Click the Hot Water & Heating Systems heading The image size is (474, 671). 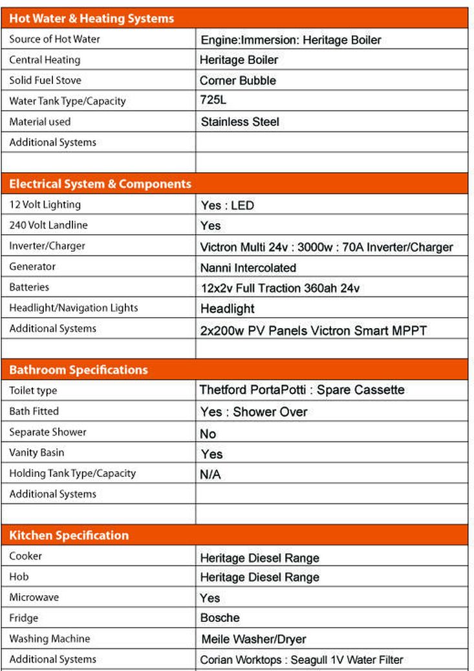pyautogui.click(x=91, y=19)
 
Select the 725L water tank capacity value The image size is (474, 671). pyautogui.click(x=213, y=100)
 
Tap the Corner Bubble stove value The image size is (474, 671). pyautogui.click(x=238, y=81)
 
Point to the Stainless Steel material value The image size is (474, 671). pyautogui.click(x=240, y=122)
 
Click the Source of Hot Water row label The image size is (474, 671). pyautogui.click(x=54, y=39)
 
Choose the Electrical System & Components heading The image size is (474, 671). pyautogui.click(x=100, y=184)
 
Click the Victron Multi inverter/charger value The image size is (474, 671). pyautogui.click(x=327, y=247)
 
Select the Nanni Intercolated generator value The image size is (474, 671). pyautogui.click(x=248, y=267)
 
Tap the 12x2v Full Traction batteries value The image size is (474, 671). pyautogui.click(x=280, y=288)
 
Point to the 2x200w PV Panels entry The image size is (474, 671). pyautogui.click(x=314, y=330)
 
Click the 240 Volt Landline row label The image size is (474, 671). pyautogui.click(x=48, y=225)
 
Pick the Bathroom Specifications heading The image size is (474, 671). pyautogui.click(x=78, y=370)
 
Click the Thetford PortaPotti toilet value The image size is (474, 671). pyautogui.click(x=302, y=390)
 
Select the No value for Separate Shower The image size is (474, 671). pyautogui.click(x=208, y=434)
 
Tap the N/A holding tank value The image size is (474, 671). pyautogui.click(x=210, y=475)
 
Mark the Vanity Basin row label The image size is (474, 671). pyautogui.click(x=37, y=452)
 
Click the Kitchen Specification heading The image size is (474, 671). pyautogui.click(x=69, y=535)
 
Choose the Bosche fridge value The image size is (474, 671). pyautogui.click(x=220, y=618)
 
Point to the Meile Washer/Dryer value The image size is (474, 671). pyautogui.click(x=253, y=639)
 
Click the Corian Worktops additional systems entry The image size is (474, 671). pyautogui.click(x=301, y=660)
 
